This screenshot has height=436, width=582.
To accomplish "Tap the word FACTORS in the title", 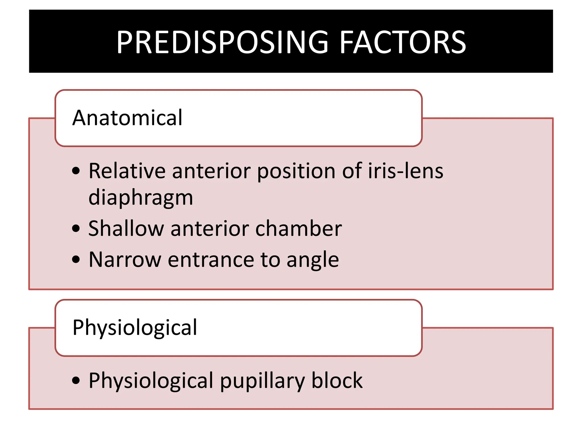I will [403, 43].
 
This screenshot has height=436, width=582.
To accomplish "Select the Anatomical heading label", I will [127, 118].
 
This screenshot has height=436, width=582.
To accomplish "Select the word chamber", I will [298, 229].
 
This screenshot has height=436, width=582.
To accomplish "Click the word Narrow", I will [125, 260].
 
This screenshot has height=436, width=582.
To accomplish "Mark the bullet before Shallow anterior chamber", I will [76, 229].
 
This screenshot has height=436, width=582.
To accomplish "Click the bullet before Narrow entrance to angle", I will [76, 259].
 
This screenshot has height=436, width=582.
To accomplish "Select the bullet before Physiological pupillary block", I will [76, 380].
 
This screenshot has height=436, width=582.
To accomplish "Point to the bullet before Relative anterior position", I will [76, 171].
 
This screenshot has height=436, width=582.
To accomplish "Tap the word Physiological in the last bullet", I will [151, 381].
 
